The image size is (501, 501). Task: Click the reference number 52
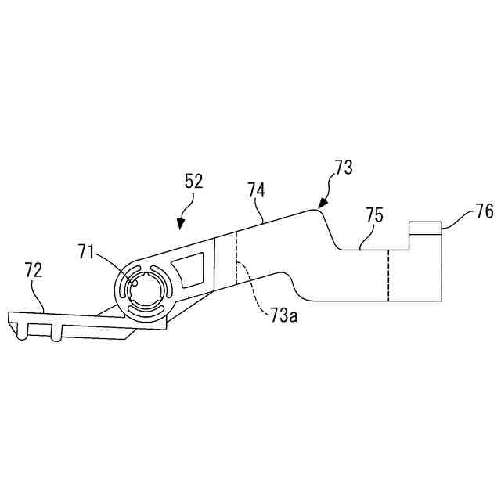point(193,182)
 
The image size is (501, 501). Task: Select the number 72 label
point(34,271)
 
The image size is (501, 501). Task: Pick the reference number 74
point(256,189)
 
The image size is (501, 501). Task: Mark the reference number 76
point(485,211)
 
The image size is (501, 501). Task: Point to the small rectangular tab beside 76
point(426,228)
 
